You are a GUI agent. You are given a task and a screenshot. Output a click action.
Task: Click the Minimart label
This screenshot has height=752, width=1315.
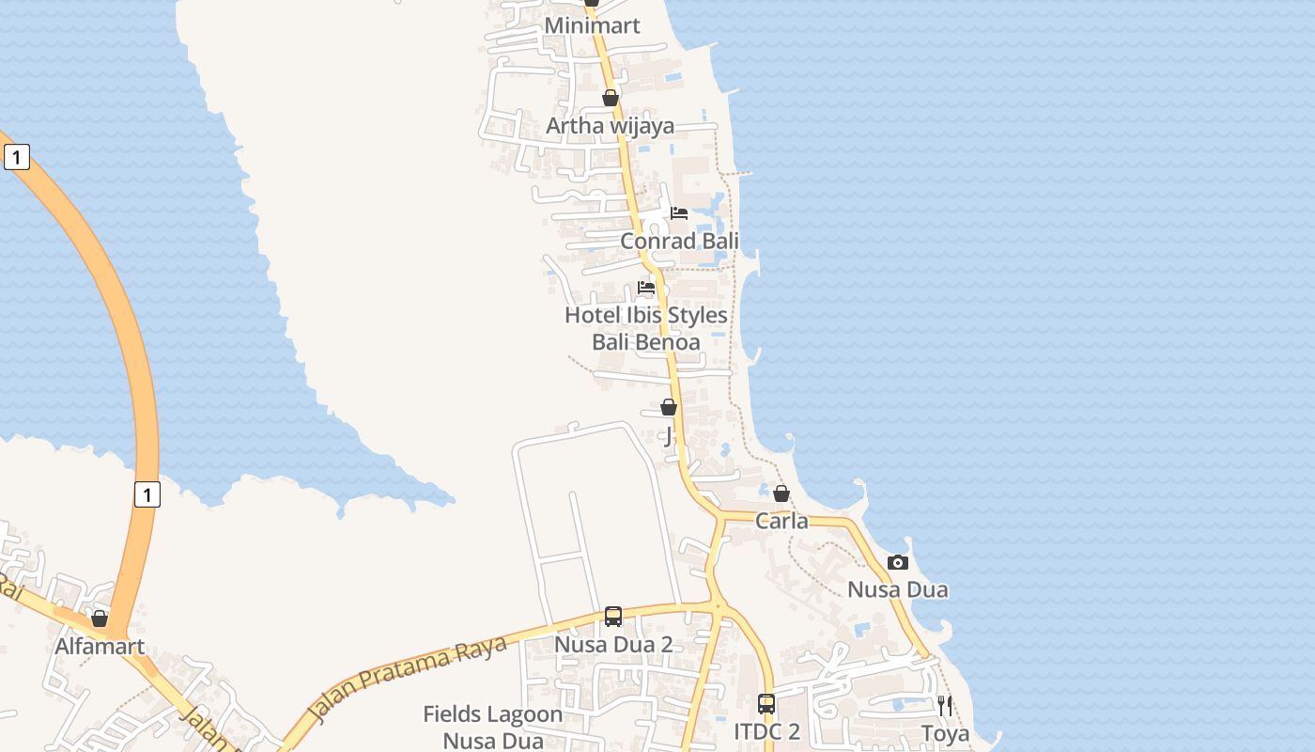pos(592,25)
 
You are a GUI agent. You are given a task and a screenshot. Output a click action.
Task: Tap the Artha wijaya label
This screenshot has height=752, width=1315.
pos(610,125)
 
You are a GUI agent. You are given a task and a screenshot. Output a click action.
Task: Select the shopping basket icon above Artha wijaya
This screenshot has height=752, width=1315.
pos(611,98)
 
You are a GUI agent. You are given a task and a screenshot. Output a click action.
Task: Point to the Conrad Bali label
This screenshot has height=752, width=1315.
pos(679,241)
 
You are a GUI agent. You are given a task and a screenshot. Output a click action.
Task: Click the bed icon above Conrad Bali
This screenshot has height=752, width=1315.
pos(679,213)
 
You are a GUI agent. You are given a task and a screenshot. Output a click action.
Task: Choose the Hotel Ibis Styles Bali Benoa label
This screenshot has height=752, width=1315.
pos(646,328)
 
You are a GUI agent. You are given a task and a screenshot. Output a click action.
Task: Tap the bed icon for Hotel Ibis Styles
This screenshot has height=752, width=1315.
pos(646,288)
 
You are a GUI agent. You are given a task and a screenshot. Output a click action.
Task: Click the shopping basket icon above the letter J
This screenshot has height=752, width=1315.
pos(669,407)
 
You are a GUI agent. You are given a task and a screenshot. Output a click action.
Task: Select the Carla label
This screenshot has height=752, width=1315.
pos(781,521)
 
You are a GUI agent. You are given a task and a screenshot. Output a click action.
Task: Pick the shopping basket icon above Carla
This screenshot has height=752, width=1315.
pos(781,493)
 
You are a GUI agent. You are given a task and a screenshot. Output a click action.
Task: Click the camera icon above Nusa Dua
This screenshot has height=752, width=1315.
pos(898,562)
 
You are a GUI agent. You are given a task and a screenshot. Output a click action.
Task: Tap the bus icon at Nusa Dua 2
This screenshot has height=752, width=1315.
pos(613,617)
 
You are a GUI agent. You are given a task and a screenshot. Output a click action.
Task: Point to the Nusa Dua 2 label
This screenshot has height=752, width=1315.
pos(613,645)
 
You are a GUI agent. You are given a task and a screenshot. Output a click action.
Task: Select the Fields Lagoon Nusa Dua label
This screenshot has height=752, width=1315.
pos(493,727)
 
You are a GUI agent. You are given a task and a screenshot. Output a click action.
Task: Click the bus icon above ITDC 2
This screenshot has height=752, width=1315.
pos(766,703)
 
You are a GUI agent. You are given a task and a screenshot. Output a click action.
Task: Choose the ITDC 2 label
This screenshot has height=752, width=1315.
pos(766,731)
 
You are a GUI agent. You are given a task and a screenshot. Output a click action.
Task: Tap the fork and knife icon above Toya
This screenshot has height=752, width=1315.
pos(945,705)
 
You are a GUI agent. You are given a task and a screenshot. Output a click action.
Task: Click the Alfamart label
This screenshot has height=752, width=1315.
pos(100,647)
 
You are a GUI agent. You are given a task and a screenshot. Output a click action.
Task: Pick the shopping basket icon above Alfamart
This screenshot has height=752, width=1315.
pos(100,619)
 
